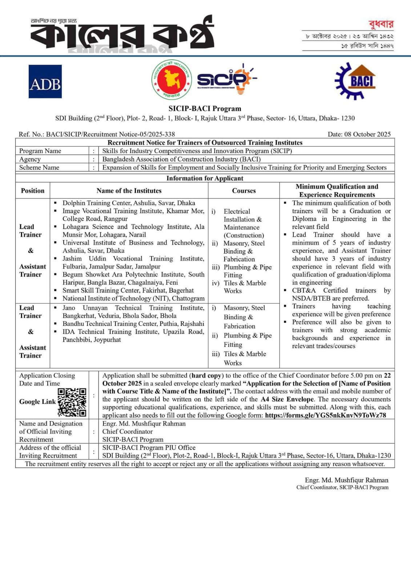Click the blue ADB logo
[45, 81]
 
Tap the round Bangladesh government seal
[172, 80]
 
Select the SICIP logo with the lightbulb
[226, 79]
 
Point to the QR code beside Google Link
[72, 402]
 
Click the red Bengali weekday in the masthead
[380, 24]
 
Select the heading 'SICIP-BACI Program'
[205, 108]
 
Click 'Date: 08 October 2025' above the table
[359, 134]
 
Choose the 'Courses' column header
[244, 191]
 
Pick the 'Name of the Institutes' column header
[129, 191]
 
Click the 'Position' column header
[33, 191]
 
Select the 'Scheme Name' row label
[39, 167]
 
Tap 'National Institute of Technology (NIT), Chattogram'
[133, 298]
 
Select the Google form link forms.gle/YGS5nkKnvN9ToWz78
[325, 415]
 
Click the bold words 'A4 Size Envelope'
[287, 399]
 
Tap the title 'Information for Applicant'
[205, 178]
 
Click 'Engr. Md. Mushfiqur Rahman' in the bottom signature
[346, 480]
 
